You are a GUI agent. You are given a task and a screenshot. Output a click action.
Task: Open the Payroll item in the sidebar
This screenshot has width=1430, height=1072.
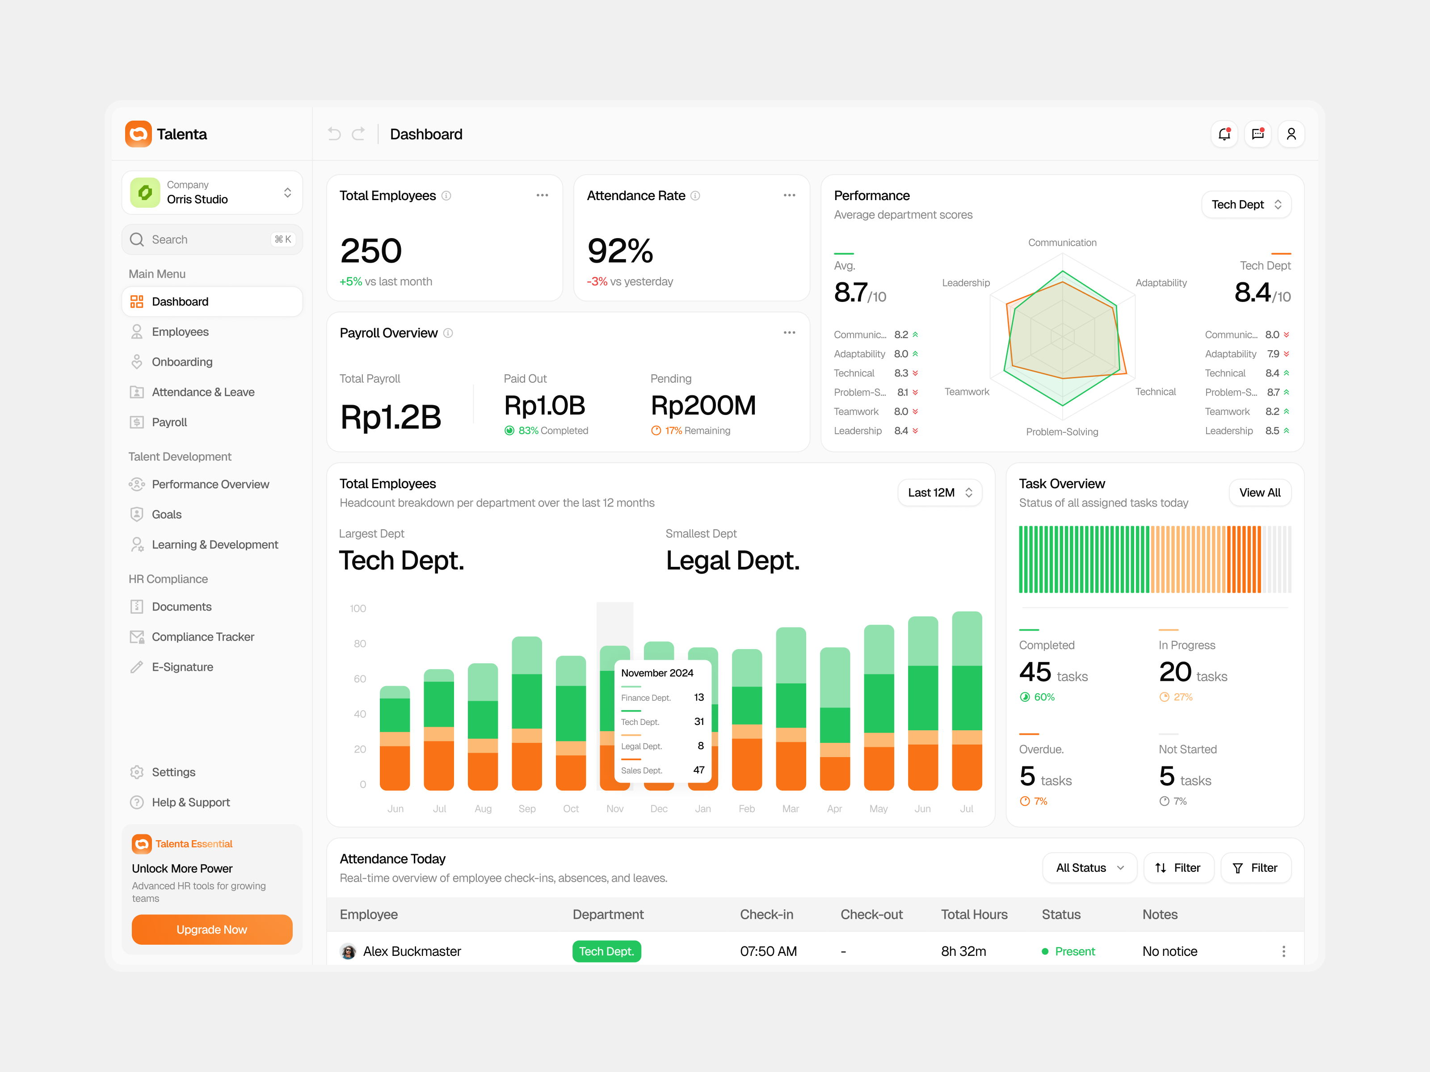tap(169, 422)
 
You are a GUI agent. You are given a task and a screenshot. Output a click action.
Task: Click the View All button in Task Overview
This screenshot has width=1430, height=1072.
tap(1259, 492)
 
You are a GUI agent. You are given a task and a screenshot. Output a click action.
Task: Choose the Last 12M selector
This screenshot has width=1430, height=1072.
tap(939, 492)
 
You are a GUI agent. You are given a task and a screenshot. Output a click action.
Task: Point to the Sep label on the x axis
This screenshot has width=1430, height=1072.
tap(527, 808)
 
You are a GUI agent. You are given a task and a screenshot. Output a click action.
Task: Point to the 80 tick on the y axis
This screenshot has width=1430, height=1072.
tap(359, 644)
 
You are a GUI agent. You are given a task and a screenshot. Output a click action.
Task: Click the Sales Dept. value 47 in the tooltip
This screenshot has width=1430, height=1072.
tap(698, 770)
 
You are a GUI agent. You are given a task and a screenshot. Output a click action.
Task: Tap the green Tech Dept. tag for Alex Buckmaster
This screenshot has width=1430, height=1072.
tap(606, 951)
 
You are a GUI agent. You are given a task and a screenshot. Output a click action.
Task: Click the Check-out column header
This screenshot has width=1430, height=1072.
tap(871, 914)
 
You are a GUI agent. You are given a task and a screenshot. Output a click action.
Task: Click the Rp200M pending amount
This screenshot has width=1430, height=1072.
tap(703, 406)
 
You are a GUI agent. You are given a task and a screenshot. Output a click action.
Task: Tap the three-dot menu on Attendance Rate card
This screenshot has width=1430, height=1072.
tap(789, 195)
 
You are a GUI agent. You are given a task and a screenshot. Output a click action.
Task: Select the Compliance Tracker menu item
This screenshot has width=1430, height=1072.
tap(202, 636)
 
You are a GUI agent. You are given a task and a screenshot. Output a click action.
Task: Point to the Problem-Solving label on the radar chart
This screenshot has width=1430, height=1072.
tap(1061, 431)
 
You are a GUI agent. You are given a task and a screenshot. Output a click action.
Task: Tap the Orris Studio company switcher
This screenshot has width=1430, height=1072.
tap(211, 193)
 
